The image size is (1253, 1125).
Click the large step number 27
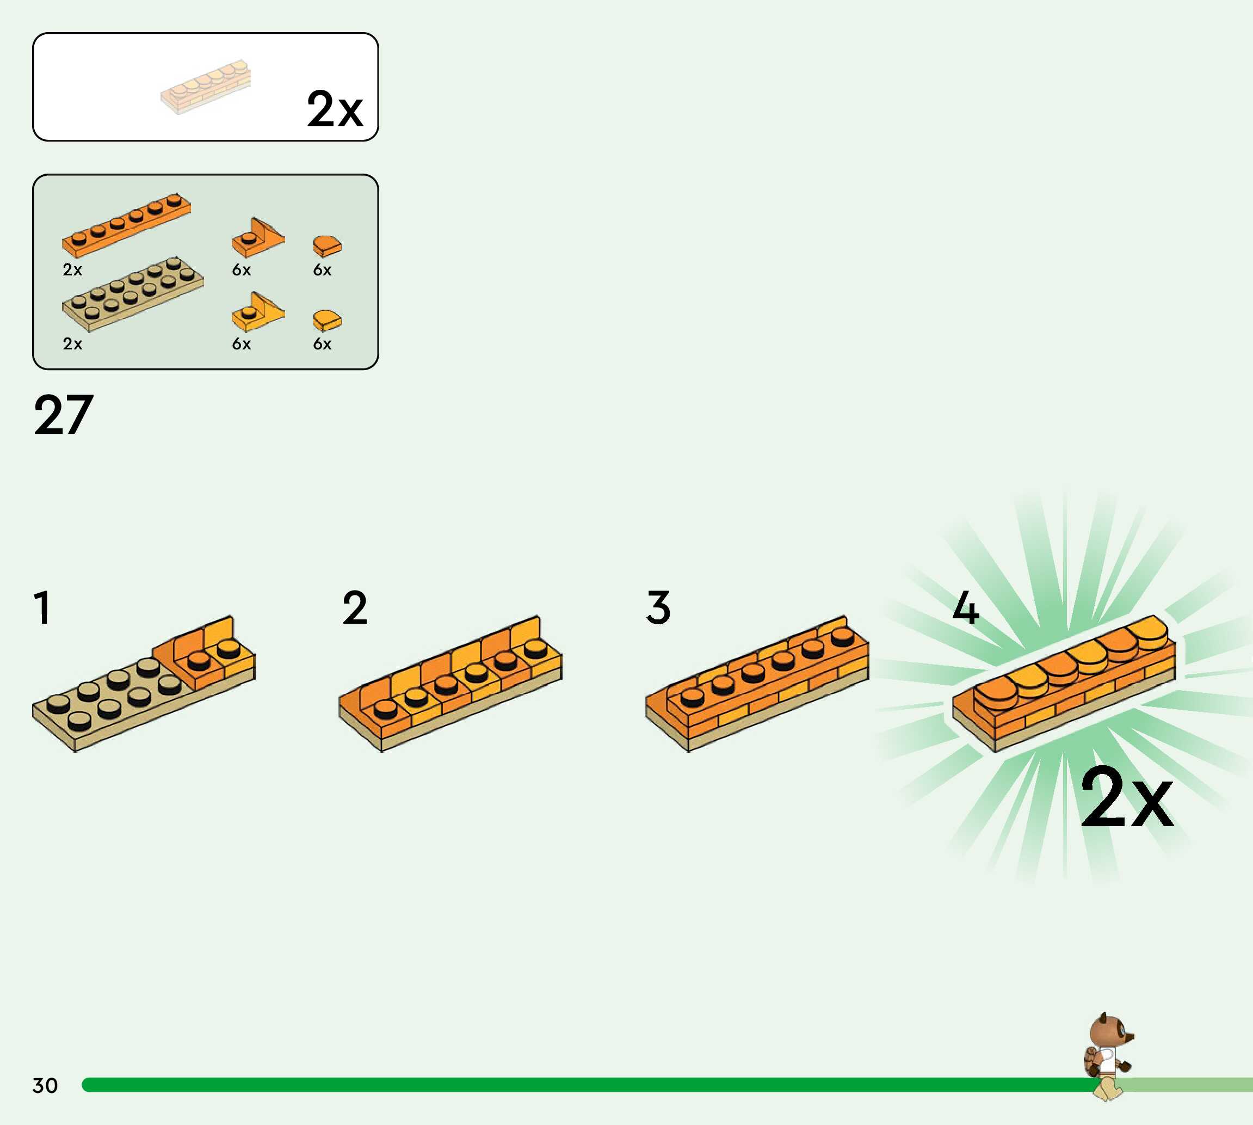click(x=64, y=415)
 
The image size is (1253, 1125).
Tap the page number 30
click(x=45, y=1085)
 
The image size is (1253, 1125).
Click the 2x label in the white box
click(x=334, y=109)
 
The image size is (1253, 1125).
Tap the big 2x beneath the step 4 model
click(x=1126, y=797)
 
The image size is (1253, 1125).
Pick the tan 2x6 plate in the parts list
click(x=132, y=293)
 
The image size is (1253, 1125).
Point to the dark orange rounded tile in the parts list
click(x=327, y=245)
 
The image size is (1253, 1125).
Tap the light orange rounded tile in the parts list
click(x=327, y=320)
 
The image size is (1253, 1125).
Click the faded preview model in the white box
click(x=206, y=87)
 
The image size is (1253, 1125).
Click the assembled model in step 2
click(x=450, y=683)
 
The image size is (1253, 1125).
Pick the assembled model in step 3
click(x=757, y=683)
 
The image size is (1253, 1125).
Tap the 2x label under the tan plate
click(x=72, y=343)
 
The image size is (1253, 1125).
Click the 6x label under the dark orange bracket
click(x=242, y=270)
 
